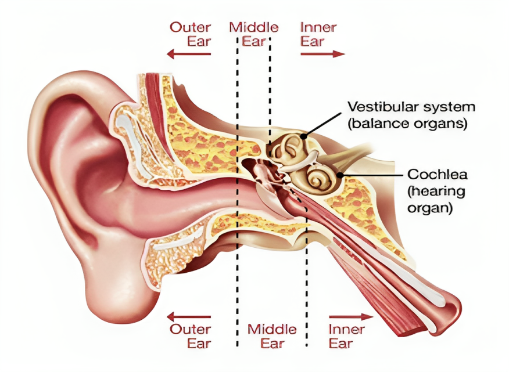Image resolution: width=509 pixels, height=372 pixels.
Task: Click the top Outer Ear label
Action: coord(190,34)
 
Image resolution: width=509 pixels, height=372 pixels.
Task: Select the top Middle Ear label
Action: coord(254,34)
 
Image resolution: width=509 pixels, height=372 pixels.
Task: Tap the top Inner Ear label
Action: coord(318,34)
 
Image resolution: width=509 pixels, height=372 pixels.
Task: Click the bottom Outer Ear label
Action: coord(190,337)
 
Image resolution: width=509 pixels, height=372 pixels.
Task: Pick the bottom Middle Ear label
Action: coord(272,337)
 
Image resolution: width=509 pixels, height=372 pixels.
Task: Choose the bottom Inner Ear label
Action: coord(347,337)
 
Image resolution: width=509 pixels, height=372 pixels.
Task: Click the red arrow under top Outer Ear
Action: coord(189,54)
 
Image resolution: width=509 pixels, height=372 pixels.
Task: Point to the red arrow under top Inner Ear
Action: coord(322,54)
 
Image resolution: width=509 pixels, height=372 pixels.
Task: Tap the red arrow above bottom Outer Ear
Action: coord(189,316)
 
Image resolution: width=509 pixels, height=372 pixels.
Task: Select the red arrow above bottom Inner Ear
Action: coord(351,316)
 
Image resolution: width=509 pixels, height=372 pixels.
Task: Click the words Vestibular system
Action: coord(411,107)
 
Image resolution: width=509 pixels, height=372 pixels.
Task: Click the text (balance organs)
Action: coord(407,124)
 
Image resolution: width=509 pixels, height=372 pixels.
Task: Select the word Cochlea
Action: coord(438,175)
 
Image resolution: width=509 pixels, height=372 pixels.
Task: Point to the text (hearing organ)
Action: coord(436,200)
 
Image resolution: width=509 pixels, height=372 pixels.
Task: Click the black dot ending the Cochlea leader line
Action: coord(340,175)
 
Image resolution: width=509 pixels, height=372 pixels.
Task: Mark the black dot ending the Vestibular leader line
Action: coord(303,136)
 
